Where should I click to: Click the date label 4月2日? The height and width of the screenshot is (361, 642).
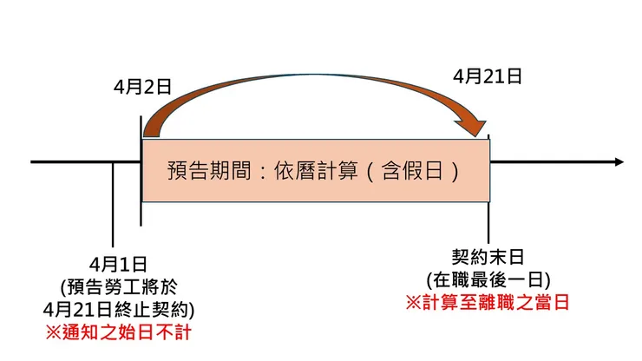[x=142, y=87]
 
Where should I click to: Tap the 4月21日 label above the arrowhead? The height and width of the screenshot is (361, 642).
[x=488, y=76]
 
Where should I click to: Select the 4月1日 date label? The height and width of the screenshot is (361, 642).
[x=118, y=265]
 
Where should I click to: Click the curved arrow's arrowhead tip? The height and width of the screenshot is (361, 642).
[x=475, y=136]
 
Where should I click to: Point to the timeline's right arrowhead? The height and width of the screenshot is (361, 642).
[x=619, y=162]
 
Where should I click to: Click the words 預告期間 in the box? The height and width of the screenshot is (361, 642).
[x=209, y=170]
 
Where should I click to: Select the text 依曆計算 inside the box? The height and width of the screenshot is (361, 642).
[x=316, y=170]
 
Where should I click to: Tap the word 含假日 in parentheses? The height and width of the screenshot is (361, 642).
[x=412, y=170]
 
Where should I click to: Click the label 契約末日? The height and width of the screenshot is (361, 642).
[x=488, y=258]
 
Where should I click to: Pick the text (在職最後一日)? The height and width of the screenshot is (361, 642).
[x=488, y=280]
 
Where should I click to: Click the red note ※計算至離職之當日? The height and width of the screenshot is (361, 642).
[x=488, y=303]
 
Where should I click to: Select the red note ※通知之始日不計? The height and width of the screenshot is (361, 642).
[x=118, y=332]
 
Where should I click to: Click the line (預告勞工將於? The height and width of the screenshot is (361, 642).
[x=119, y=287]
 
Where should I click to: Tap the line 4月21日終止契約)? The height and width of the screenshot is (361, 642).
[x=119, y=310]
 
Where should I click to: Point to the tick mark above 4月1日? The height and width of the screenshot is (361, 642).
[x=113, y=205]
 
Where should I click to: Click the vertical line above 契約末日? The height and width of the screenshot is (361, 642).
[x=488, y=222]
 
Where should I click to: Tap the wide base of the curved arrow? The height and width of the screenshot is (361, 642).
[x=151, y=132]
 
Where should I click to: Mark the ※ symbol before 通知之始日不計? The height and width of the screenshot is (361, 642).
[x=53, y=332]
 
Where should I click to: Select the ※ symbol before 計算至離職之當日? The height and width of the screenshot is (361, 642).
[x=414, y=303]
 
